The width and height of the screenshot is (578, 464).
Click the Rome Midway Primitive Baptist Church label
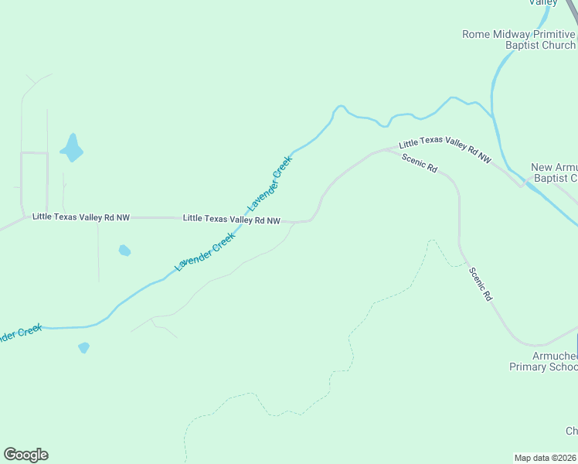pos(518,39)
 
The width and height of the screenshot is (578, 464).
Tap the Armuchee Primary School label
pos(543,361)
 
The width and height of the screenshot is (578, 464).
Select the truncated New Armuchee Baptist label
pos(554,172)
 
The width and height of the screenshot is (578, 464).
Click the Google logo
pos(25,455)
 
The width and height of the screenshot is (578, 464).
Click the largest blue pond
pos(71,148)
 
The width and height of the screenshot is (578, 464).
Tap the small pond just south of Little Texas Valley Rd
pos(124,250)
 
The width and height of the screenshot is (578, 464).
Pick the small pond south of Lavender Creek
pos(83,348)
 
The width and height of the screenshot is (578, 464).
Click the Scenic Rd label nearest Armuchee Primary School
pos(480,284)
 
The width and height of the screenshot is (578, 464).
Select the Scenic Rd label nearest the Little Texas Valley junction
pos(420,162)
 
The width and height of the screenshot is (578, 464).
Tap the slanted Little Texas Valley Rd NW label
pos(445,150)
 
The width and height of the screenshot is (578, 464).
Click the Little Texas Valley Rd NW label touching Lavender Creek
pos(231,219)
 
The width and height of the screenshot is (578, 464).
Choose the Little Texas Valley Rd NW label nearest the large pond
pos(81,217)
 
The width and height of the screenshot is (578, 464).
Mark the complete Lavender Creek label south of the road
pos(204,251)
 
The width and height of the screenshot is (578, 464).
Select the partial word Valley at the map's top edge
pos(542,3)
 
